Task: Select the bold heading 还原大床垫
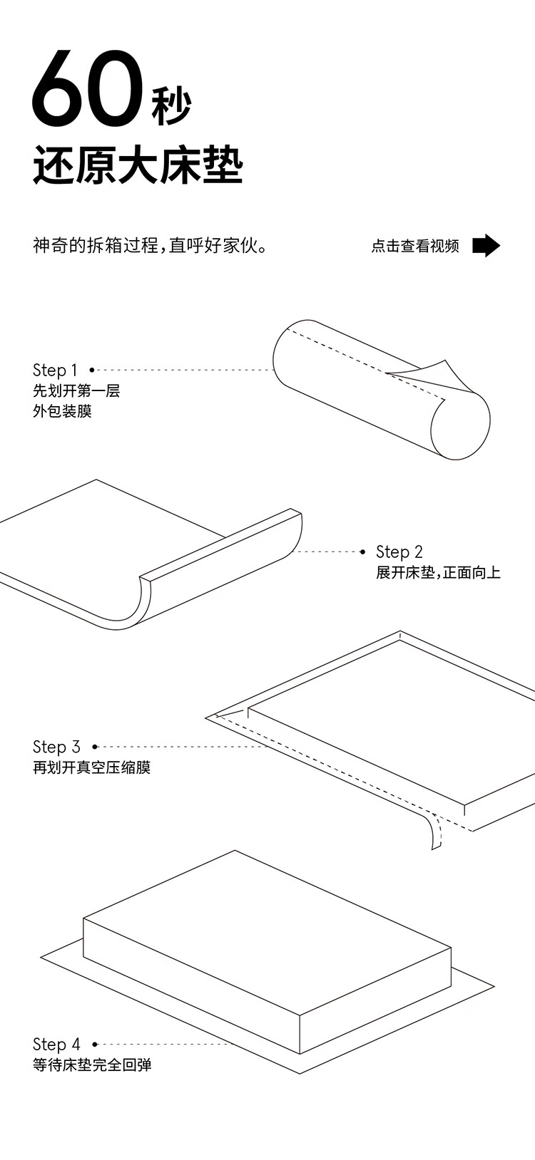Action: pos(138,165)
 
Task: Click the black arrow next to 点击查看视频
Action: pos(486,246)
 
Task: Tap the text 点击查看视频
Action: pos(415,247)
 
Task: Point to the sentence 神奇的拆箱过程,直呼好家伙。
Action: pos(151,247)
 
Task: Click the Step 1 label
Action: pos(55,370)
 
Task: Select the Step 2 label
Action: pos(399,551)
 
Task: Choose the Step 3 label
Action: pos(56,747)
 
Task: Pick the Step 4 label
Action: pos(56,1045)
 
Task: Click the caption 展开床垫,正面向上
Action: pos(438,572)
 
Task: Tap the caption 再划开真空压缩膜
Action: pos(91,767)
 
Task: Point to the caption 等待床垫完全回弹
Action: pos(91,1065)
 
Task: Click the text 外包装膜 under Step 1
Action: pos(62,411)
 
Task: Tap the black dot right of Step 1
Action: pos(92,370)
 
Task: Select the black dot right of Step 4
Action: pos(95,1045)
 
